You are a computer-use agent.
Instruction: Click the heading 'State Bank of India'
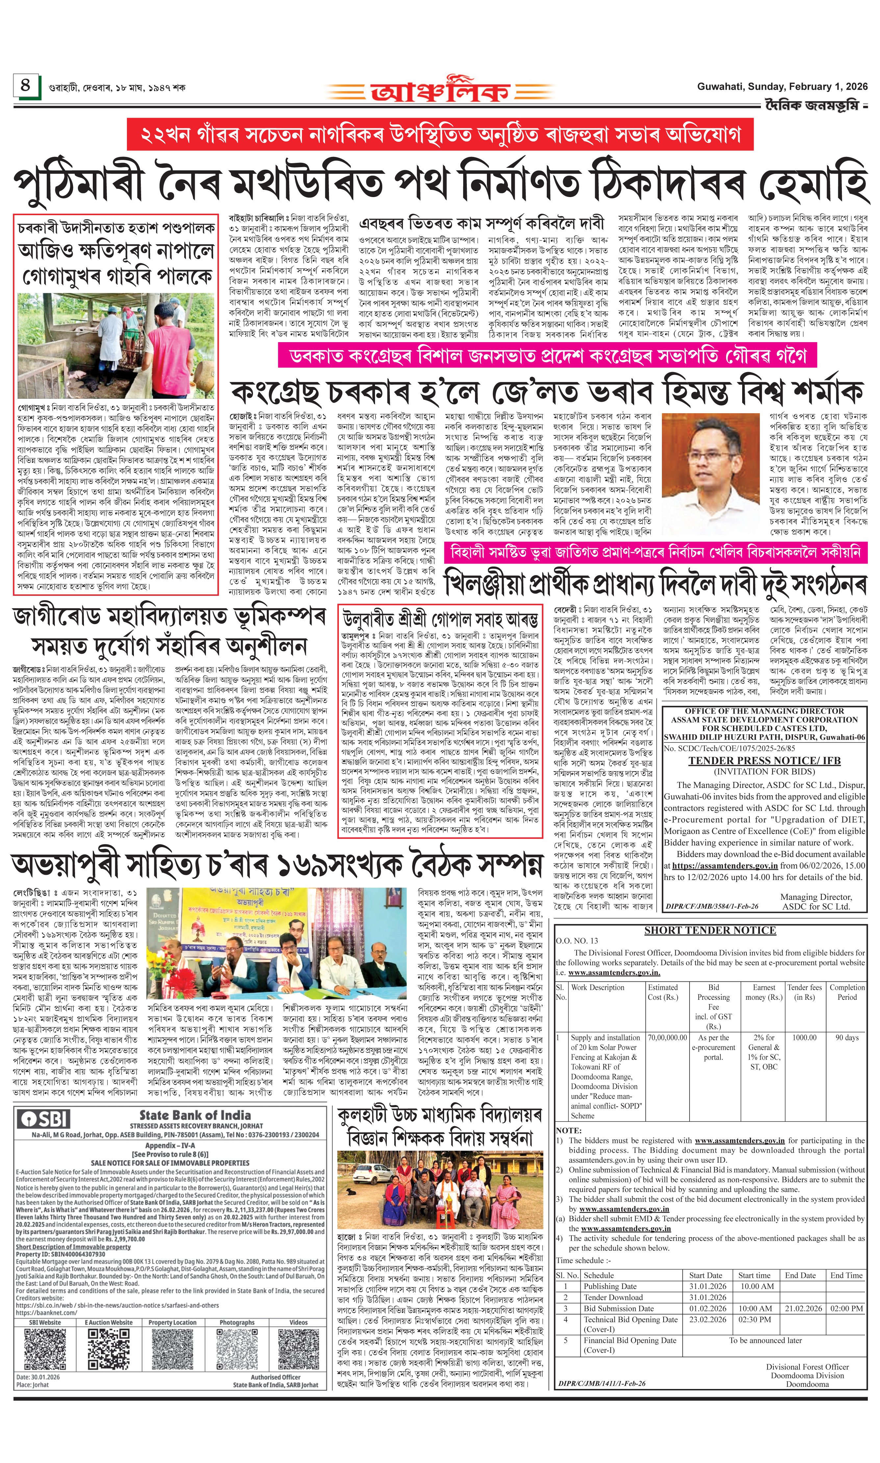point(195,1116)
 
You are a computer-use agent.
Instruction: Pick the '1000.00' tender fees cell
point(804,1038)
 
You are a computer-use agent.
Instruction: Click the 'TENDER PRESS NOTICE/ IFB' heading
point(764,761)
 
